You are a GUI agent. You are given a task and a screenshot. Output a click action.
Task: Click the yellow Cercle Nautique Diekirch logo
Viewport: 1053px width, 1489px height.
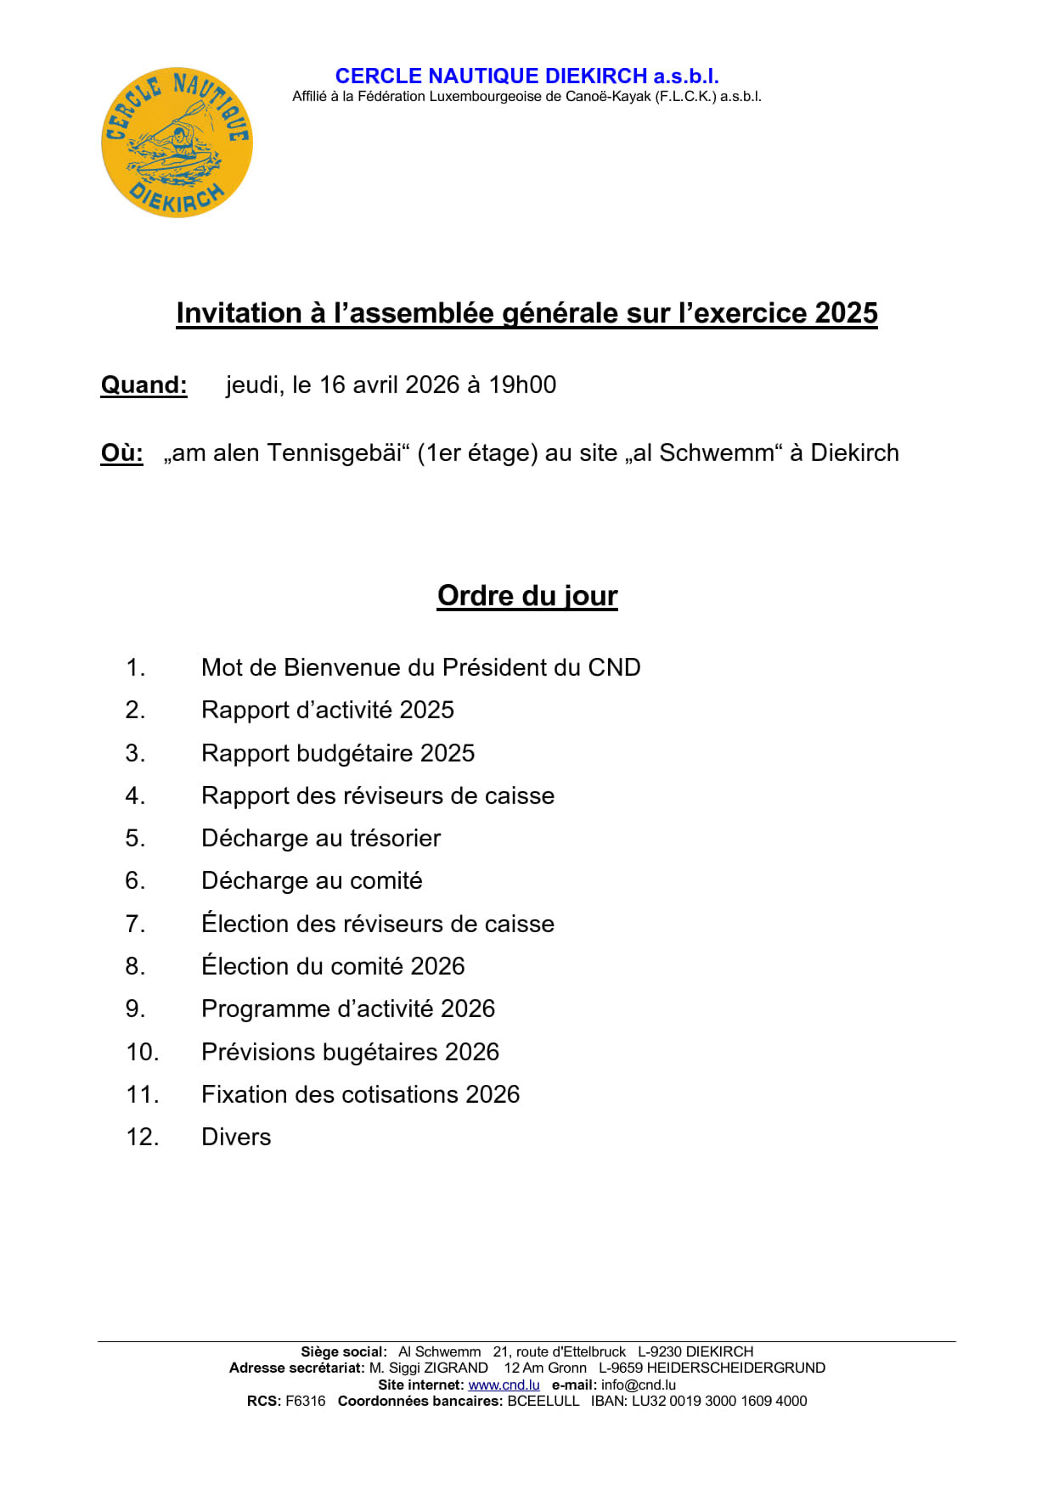click(x=177, y=143)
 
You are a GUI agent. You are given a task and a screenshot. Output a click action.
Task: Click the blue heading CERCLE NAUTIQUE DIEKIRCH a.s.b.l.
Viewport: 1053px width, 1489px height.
click(x=526, y=76)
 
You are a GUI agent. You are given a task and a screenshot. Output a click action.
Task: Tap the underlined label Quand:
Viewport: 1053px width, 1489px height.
click(x=144, y=385)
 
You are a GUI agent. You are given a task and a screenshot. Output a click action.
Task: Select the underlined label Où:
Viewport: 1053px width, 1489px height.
click(x=121, y=453)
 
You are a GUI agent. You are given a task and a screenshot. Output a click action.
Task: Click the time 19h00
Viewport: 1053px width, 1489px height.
click(x=522, y=385)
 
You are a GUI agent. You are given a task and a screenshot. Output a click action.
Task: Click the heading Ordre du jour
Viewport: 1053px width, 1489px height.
click(x=527, y=596)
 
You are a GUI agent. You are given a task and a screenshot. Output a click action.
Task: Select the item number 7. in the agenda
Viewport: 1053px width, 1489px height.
click(x=135, y=924)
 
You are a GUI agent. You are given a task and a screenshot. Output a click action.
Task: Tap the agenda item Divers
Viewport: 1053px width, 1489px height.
click(x=236, y=1138)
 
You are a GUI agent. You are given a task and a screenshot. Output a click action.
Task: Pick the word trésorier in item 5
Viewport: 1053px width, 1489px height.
click(x=395, y=839)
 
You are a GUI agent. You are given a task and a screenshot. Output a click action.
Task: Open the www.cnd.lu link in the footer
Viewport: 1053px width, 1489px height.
click(x=504, y=1385)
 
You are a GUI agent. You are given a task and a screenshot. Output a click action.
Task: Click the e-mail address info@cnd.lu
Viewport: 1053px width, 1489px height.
click(x=639, y=1385)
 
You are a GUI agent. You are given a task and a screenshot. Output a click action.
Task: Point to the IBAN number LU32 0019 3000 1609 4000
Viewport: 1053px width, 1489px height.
click(x=719, y=1401)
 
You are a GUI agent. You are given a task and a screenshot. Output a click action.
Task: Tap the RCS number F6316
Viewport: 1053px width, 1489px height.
click(x=305, y=1401)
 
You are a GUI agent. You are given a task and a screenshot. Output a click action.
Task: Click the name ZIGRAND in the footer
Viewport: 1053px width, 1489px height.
click(x=456, y=1368)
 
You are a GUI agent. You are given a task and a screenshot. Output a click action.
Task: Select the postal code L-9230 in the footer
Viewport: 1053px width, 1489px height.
click(x=660, y=1351)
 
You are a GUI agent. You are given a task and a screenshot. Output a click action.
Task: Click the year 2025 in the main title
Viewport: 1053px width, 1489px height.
click(x=846, y=313)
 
